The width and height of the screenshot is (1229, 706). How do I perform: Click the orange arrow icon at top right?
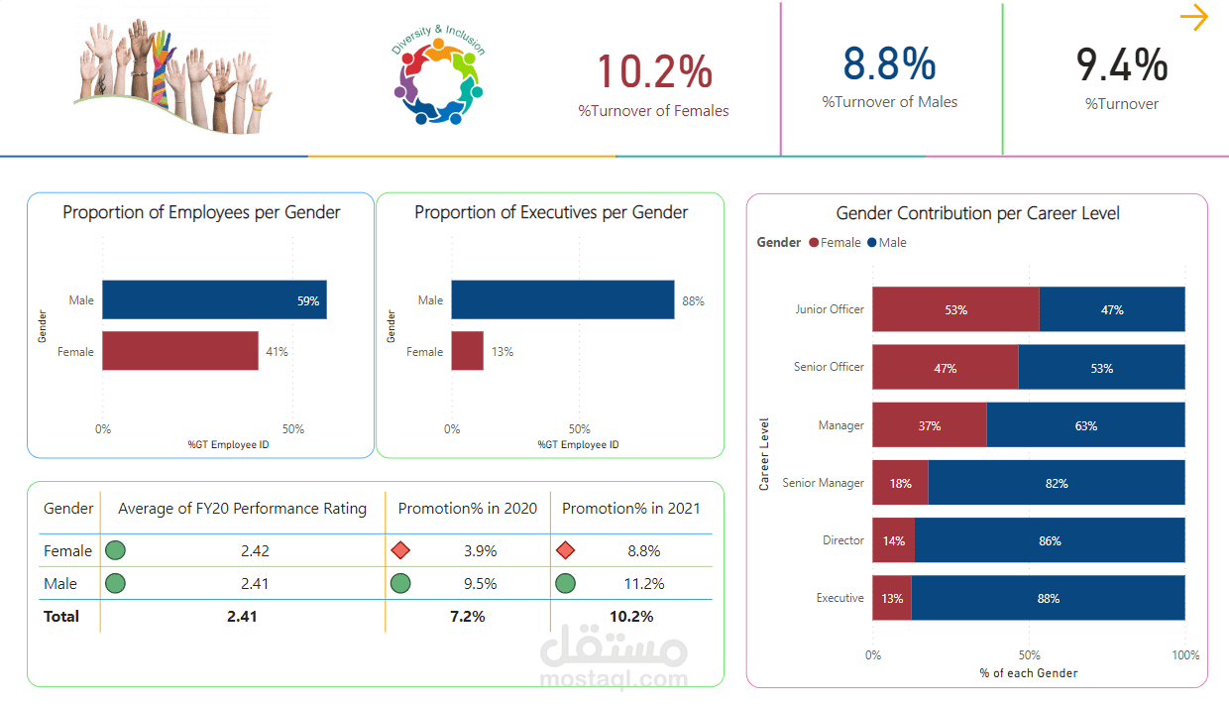[x=1194, y=18]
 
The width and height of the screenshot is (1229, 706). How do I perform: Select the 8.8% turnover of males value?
[x=889, y=63]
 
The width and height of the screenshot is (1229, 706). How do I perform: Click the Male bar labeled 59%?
[x=214, y=299]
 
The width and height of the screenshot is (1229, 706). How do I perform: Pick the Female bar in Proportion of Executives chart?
[x=468, y=351]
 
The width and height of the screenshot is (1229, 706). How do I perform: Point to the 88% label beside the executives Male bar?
[x=693, y=300]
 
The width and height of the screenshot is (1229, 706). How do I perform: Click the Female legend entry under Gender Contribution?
[x=836, y=242]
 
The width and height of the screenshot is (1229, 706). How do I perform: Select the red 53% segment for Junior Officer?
[x=955, y=309]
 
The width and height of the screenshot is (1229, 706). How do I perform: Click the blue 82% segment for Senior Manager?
[x=1057, y=483]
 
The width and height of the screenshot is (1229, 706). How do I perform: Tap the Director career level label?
[x=842, y=540]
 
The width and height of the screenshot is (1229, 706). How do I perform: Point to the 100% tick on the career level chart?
[x=1184, y=655]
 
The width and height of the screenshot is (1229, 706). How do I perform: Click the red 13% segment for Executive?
[x=892, y=598]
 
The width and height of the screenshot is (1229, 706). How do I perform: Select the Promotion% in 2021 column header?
[x=630, y=509]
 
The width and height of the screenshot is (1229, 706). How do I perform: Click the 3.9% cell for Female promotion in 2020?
[x=480, y=550]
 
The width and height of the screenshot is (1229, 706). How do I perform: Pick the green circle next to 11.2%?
[x=565, y=583]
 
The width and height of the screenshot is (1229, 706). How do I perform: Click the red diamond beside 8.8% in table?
[x=565, y=550]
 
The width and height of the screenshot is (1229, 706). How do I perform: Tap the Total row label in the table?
[x=61, y=616]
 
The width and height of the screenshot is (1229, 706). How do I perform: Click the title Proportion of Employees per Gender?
[x=201, y=212]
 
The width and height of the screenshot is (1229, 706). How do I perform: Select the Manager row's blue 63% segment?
[x=1085, y=425]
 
